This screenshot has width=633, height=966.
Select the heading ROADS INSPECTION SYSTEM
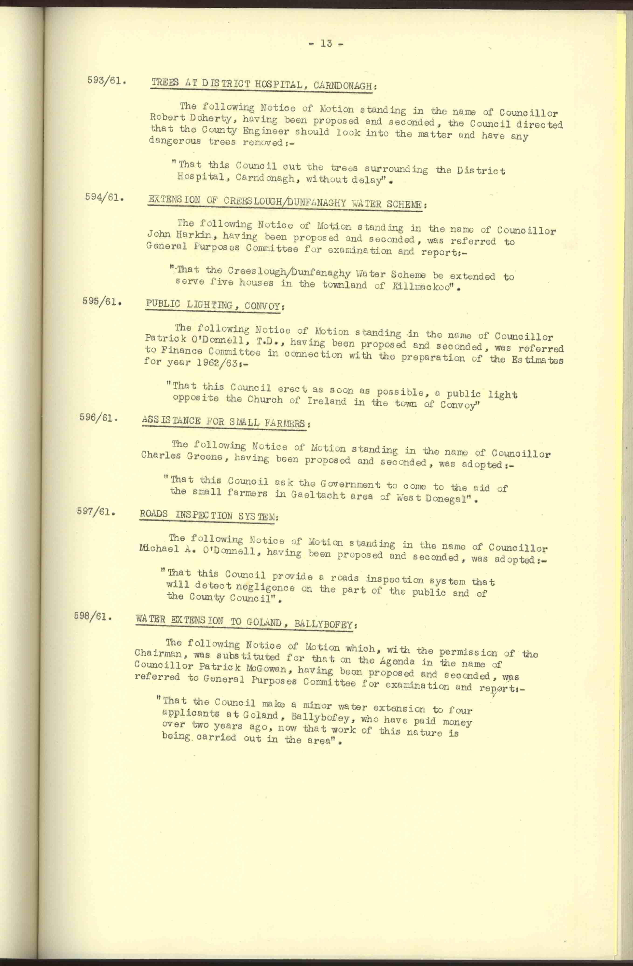click(x=208, y=515)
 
